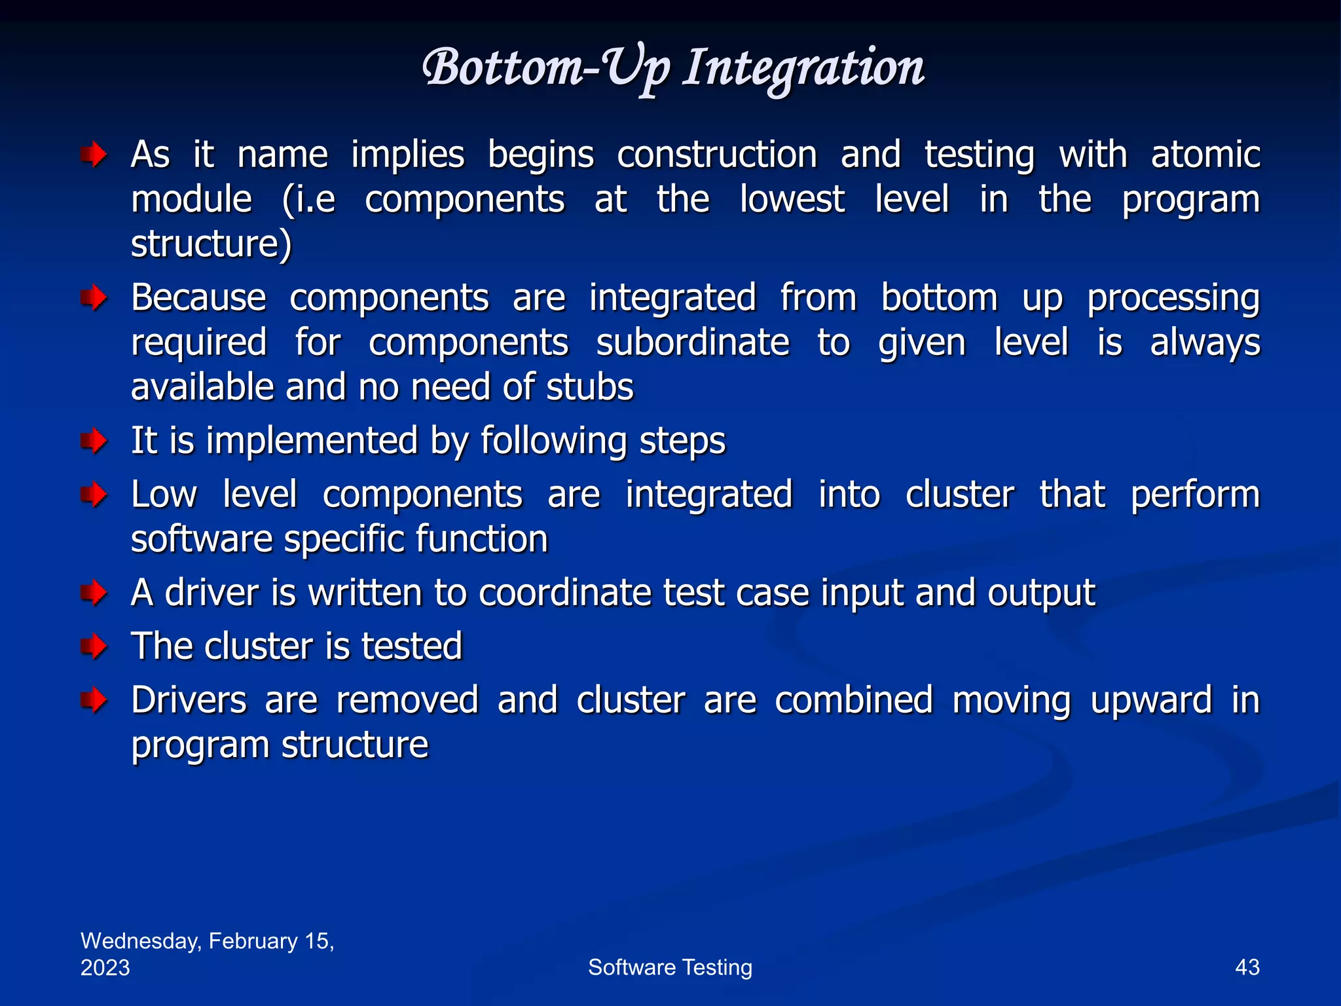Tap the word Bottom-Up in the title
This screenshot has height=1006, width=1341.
point(546,68)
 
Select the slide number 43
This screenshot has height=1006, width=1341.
point(1247,967)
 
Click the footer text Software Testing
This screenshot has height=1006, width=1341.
point(670,967)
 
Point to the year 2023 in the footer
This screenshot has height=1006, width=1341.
point(105,967)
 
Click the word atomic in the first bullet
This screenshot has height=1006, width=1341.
point(1205,155)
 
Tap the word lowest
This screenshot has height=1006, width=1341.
point(792,199)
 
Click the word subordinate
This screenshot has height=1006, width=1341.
point(692,343)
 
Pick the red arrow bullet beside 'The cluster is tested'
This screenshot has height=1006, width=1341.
point(94,647)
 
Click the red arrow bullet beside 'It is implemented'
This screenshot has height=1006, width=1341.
point(94,441)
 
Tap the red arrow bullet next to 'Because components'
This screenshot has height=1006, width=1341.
point(94,299)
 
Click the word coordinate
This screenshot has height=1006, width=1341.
point(565,593)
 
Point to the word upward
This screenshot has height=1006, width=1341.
point(1150,701)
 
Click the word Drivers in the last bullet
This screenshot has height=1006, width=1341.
point(189,700)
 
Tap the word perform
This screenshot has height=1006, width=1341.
point(1195,495)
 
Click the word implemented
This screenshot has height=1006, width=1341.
point(312,441)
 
